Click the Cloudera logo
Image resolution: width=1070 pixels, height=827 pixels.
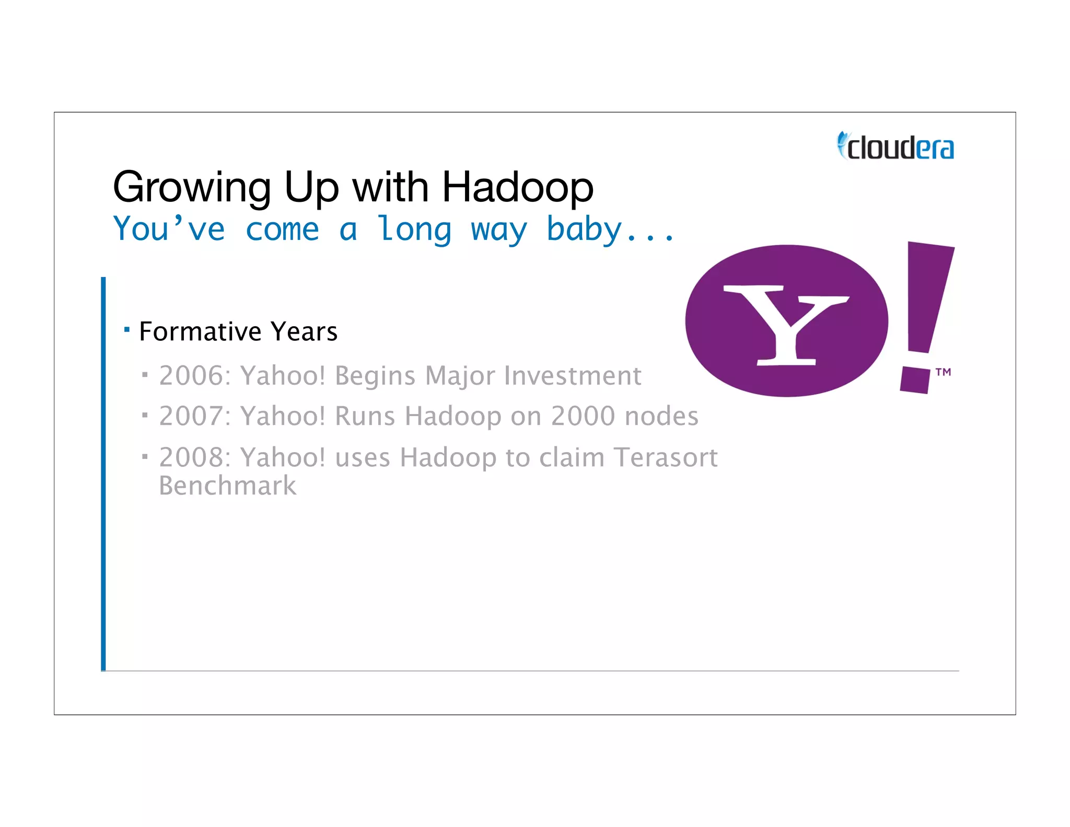[x=896, y=146]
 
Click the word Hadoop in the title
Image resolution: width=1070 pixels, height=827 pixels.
[x=518, y=188]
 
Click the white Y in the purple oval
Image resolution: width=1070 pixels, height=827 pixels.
[x=786, y=324]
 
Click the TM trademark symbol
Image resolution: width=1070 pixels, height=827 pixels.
[x=943, y=372]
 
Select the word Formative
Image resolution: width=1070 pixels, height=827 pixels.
[x=200, y=331]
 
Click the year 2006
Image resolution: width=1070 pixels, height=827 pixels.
[x=191, y=375]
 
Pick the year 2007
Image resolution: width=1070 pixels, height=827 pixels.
[x=191, y=416]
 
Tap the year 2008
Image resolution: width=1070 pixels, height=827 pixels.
[x=191, y=457]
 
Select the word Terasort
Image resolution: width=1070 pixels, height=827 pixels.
[x=666, y=457]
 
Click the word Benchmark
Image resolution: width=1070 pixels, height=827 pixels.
[x=227, y=486]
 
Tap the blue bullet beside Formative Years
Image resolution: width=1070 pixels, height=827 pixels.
[x=127, y=329]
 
